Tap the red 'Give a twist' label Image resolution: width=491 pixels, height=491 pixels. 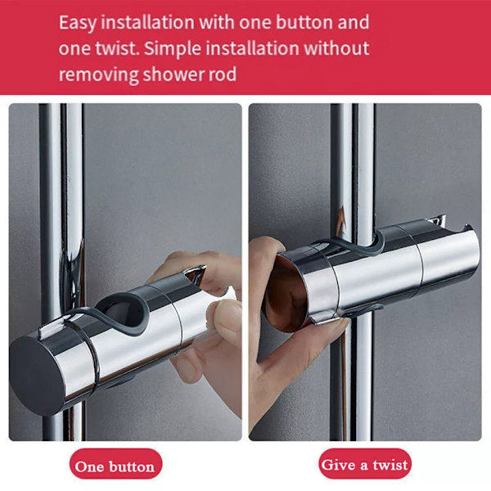365,463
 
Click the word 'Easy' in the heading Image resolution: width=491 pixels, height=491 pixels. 78,23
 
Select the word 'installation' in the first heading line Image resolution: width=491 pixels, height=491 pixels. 148,22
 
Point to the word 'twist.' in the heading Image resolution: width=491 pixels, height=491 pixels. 118,48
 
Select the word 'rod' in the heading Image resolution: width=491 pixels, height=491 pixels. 223,74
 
